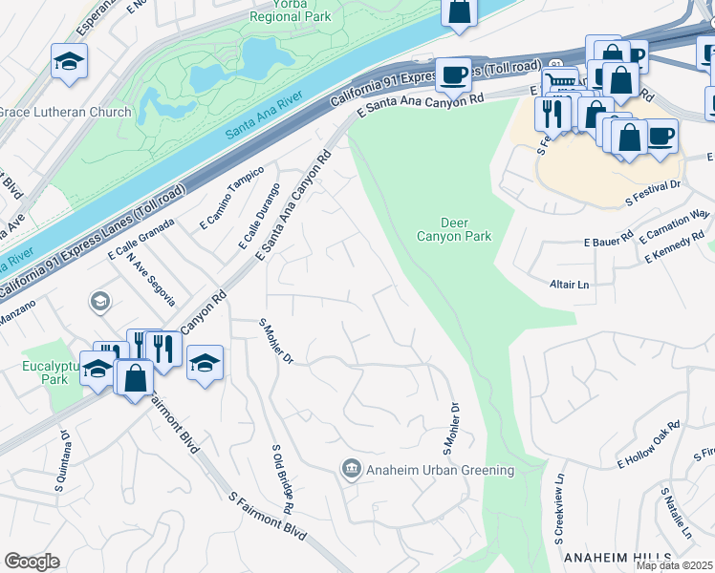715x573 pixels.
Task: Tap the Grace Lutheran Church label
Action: coord(63,112)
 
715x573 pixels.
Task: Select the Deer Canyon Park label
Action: coord(441,230)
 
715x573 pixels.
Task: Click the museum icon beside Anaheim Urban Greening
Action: coord(351,469)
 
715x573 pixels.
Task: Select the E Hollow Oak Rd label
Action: coord(647,445)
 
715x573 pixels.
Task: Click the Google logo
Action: coord(32,562)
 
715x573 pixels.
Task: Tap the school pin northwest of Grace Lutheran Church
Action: coord(69,63)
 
